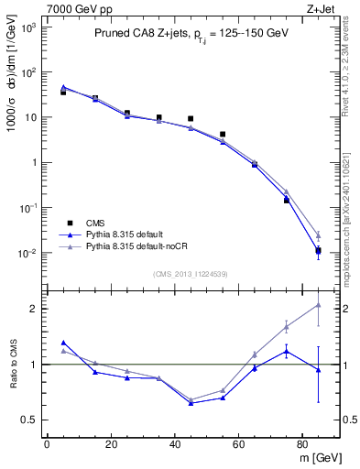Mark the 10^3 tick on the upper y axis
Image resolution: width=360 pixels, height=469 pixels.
(28, 27)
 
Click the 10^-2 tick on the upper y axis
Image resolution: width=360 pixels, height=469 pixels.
(28, 253)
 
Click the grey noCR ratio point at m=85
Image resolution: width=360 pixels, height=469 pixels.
(318, 305)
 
